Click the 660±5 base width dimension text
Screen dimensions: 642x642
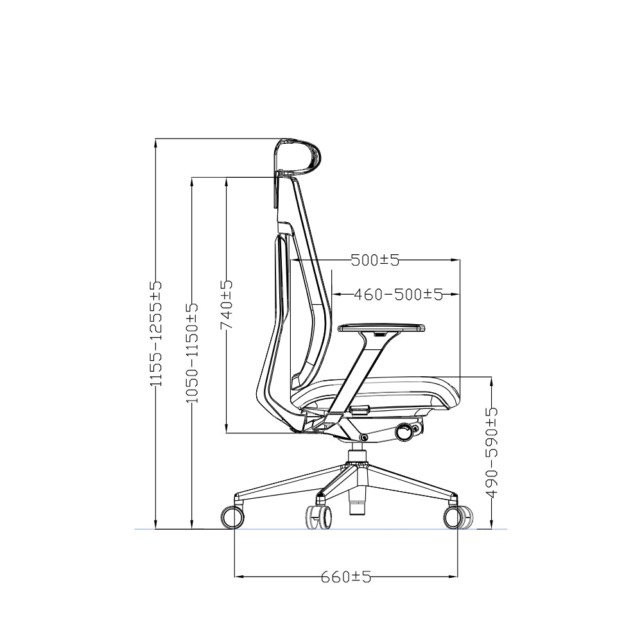tap(346, 577)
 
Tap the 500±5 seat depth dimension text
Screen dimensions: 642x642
tap(375, 260)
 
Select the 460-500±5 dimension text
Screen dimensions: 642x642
tap(398, 294)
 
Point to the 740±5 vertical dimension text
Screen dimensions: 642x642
tap(227, 305)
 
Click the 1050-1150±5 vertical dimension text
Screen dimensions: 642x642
tap(192, 352)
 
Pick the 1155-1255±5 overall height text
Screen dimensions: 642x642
tap(156, 334)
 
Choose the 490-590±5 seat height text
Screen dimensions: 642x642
tap(492, 453)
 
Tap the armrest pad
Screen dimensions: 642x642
tap(381, 328)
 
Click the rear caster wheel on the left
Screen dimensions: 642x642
tap(232, 516)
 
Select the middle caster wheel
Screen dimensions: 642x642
tap(319, 517)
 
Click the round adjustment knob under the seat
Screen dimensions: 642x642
tap(404, 433)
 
